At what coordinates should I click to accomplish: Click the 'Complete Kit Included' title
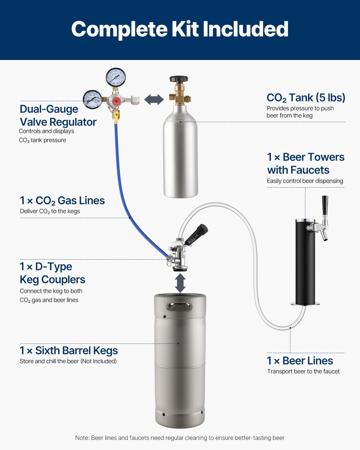pyautogui.click(x=180, y=29)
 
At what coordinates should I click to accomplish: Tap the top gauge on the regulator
pyautogui.click(x=115, y=77)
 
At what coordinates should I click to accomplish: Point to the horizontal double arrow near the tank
pyautogui.click(x=154, y=100)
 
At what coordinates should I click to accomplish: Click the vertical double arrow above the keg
pyautogui.click(x=180, y=283)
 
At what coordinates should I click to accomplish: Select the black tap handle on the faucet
pyautogui.click(x=325, y=205)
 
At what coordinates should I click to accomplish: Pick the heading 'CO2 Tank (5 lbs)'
pyautogui.click(x=306, y=98)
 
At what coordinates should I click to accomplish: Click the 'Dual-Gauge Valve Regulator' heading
pyautogui.click(x=58, y=115)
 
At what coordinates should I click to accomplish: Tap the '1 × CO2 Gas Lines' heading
pyautogui.click(x=62, y=200)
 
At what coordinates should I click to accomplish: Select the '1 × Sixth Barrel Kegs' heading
pyautogui.click(x=69, y=350)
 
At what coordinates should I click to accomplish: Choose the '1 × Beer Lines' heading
pyautogui.click(x=300, y=361)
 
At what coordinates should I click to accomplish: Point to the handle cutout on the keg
pyautogui.click(x=179, y=307)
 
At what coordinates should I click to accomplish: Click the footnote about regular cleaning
pyautogui.click(x=180, y=438)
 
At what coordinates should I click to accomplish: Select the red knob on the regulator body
pyautogui.click(x=116, y=101)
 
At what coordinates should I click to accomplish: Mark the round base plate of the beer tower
pyautogui.click(x=305, y=304)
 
